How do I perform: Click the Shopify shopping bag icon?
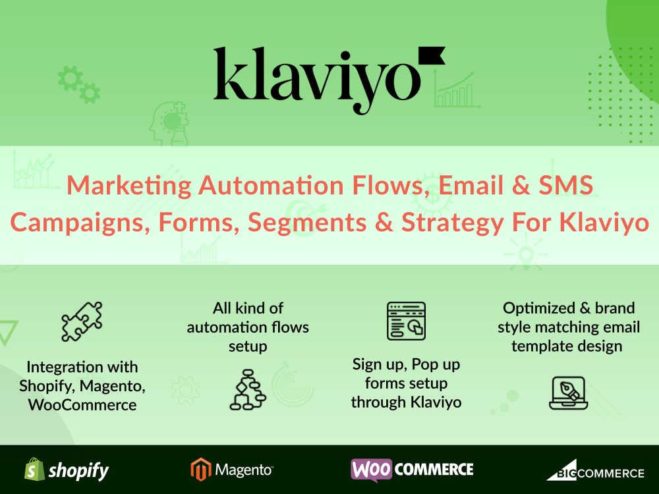pos(34,470)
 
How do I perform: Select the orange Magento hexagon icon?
pos(200,470)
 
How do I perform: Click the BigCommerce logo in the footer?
pos(594,470)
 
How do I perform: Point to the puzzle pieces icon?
pos(82,321)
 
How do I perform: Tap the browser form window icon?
pos(406,321)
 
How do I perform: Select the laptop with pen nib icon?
pos(567,392)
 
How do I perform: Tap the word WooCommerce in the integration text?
pos(82,404)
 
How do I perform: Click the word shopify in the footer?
pos(78,471)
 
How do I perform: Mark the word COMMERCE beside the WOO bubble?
pos(436,470)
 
